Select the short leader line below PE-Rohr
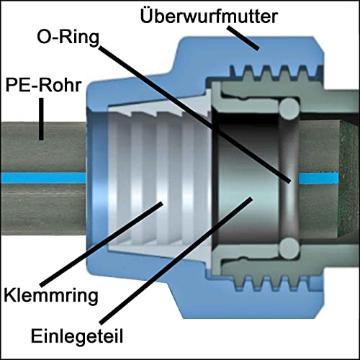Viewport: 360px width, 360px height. (42, 119)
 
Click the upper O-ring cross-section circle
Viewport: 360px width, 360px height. (288, 109)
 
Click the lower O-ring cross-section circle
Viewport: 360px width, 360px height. (288, 246)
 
